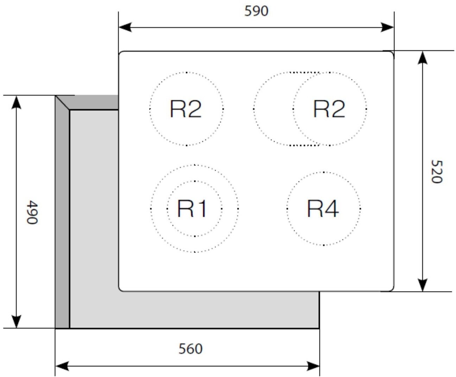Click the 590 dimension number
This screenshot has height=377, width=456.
coord(256,11)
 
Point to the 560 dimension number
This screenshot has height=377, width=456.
coord(190,349)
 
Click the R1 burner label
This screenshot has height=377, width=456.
coord(192,209)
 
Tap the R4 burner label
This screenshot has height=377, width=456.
coord(323,209)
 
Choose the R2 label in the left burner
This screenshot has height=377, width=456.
coord(185,109)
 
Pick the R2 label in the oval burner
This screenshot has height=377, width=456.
coord(329,109)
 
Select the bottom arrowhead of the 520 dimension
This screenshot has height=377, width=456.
coord(423,285)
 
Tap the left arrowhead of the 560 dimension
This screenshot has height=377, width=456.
coord(61,366)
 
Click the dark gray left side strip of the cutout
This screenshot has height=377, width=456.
coord(62,218)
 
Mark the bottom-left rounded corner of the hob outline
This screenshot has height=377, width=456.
coord(121,289)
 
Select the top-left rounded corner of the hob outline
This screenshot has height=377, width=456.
coord(121,53)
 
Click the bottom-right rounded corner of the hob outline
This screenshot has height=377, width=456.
coord(392,289)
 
